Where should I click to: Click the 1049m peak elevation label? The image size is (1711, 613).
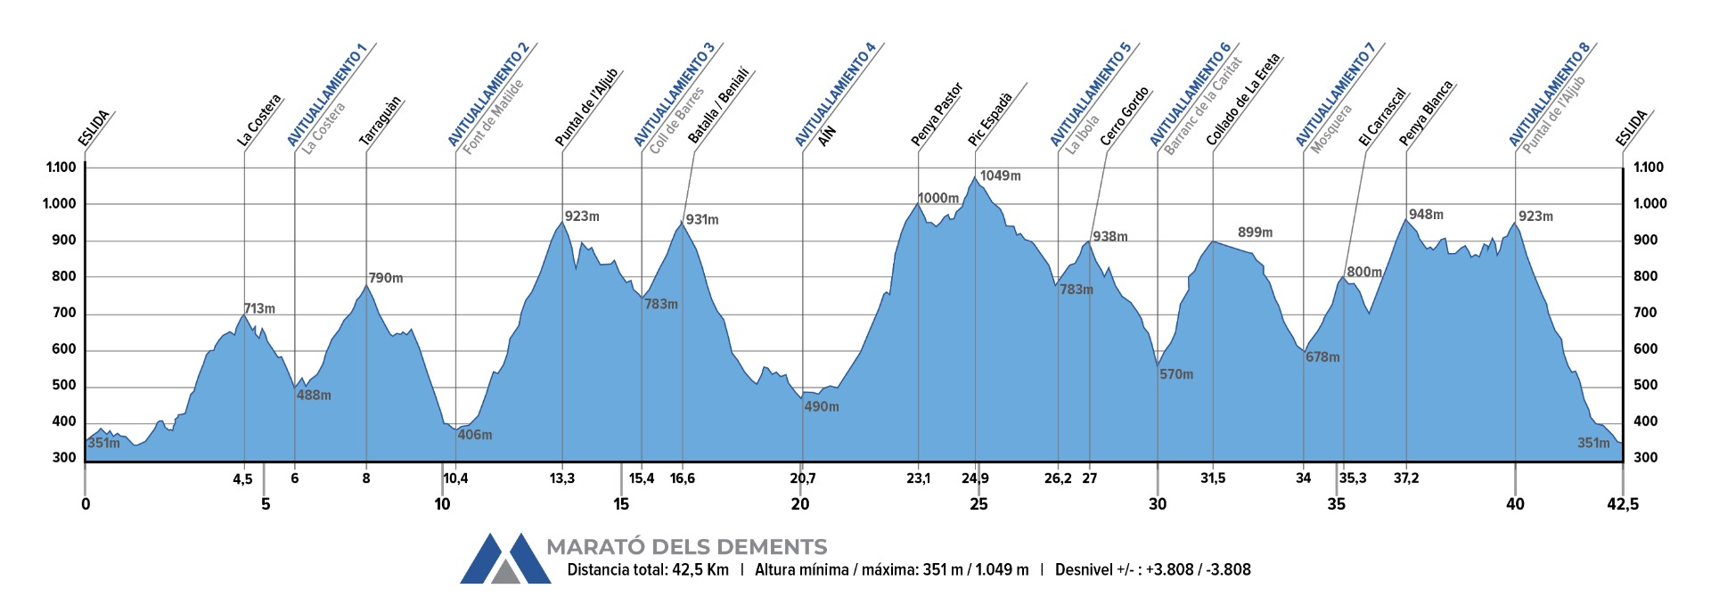pyautogui.click(x=1000, y=176)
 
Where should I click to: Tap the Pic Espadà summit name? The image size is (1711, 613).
pyautogui.click(x=990, y=119)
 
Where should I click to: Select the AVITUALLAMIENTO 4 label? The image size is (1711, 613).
pyautogui.click(x=835, y=94)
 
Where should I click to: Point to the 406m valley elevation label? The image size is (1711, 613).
pyautogui.click(x=474, y=435)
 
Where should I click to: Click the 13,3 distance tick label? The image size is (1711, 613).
pyautogui.click(x=561, y=478)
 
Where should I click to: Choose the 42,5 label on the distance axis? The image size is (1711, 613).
pyautogui.click(x=1622, y=504)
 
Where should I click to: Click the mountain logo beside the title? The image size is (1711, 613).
pyautogui.click(x=504, y=559)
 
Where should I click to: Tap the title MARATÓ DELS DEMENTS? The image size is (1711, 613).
pyautogui.click(x=686, y=547)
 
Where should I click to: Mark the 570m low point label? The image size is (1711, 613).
pyautogui.click(x=1176, y=374)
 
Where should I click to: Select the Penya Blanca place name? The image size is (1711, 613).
pyautogui.click(x=1426, y=113)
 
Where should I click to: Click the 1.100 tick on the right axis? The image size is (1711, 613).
pyautogui.click(x=1649, y=168)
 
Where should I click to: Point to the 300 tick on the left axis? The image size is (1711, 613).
pyautogui.click(x=64, y=458)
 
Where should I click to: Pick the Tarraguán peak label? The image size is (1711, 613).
pyautogui.click(x=381, y=121)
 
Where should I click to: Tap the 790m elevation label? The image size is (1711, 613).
pyautogui.click(x=385, y=278)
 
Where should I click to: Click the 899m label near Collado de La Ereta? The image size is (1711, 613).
pyautogui.click(x=1255, y=233)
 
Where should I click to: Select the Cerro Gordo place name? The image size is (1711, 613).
pyautogui.click(x=1125, y=117)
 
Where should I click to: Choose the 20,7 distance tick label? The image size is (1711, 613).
pyautogui.click(x=802, y=478)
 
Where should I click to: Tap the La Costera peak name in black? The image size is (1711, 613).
pyautogui.click(x=259, y=120)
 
